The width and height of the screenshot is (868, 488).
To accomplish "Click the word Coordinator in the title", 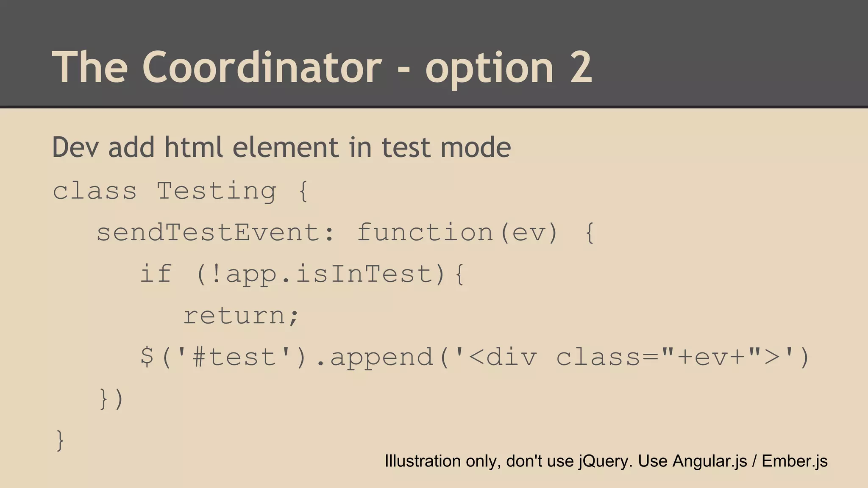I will (262, 67).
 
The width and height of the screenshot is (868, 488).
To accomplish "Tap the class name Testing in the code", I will (217, 191).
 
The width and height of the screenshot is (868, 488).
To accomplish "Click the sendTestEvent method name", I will (208, 233).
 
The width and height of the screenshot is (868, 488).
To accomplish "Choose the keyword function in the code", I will (425, 233).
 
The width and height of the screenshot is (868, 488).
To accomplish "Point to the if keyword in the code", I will (156, 274).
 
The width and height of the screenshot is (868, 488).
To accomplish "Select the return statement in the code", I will (236, 316).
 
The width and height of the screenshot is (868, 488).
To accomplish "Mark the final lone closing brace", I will (60, 441).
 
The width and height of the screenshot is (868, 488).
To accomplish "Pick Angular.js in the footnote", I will (709, 461).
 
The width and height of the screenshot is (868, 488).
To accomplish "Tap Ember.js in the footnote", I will (794, 461).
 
